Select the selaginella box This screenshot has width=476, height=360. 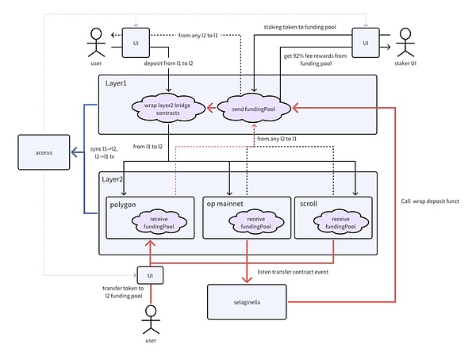(x=247, y=301)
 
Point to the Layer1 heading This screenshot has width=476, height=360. (x=117, y=83)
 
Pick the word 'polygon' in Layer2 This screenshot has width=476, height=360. (x=124, y=203)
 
